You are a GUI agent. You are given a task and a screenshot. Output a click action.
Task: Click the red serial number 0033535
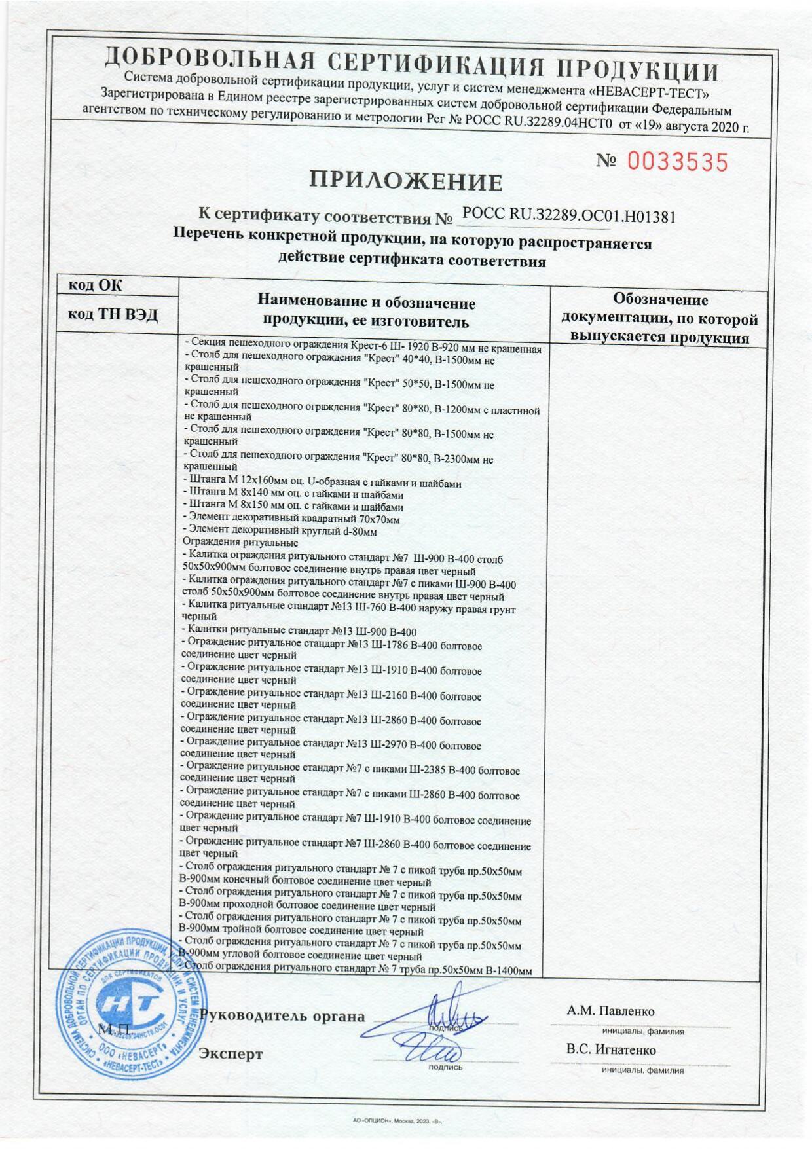677,161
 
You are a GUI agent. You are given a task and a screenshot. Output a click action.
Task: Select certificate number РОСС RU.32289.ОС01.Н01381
568,216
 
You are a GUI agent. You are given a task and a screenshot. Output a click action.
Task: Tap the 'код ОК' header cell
95,285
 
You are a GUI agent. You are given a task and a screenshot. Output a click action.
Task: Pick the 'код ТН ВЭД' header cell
113,315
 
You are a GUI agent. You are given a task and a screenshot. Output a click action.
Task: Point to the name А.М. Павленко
610,1012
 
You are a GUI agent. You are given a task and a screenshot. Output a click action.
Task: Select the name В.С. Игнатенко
611,1050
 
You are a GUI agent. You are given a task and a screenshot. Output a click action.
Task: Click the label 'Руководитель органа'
282,1017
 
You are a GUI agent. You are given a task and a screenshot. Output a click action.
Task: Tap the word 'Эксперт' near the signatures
231,1054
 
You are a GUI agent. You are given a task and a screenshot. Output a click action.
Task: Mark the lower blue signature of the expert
432,1053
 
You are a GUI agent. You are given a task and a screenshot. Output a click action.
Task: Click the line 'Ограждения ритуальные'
240,543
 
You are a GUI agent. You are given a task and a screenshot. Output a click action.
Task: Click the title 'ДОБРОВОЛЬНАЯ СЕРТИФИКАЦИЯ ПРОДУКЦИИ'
411,65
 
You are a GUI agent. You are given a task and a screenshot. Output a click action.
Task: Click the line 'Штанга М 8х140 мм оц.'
294,495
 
